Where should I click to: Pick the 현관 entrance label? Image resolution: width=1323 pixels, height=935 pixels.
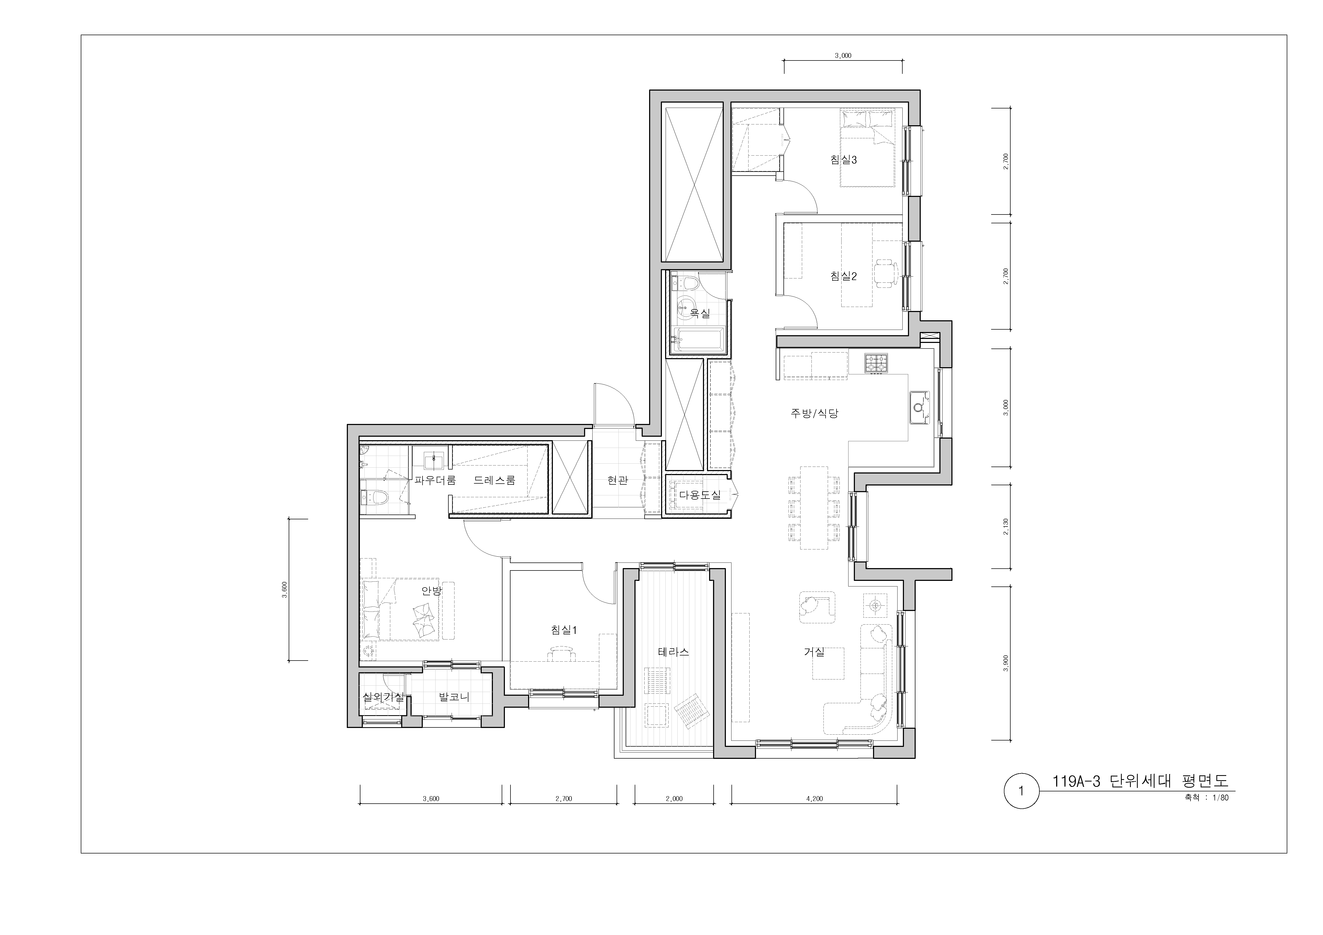point(617,480)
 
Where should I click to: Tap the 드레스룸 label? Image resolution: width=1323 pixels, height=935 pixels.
point(494,480)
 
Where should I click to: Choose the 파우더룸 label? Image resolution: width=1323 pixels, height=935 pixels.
point(435,480)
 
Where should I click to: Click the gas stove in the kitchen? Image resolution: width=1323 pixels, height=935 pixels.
point(876,363)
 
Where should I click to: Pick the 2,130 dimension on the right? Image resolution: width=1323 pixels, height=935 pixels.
point(1006,527)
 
